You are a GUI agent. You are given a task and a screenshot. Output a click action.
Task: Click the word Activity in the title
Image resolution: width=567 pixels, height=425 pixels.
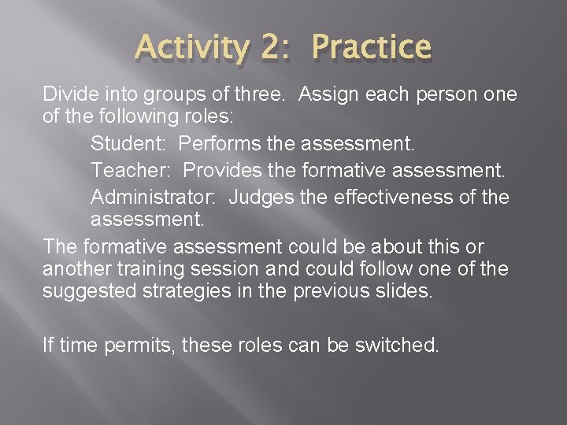coord(190,48)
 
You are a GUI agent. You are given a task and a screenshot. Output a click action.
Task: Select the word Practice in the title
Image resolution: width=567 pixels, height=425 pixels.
coord(372,48)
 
